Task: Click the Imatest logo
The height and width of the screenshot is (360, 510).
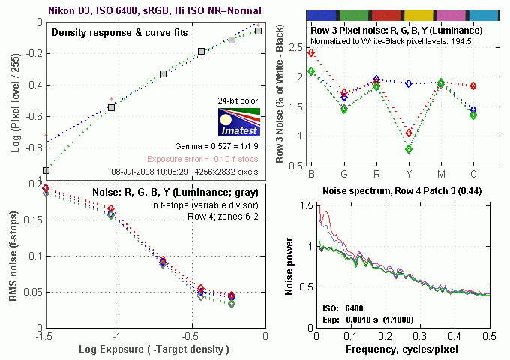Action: point(238,119)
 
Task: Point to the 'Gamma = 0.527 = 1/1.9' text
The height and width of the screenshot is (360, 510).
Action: point(218,145)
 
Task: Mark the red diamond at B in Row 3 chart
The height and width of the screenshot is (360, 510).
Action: point(311,52)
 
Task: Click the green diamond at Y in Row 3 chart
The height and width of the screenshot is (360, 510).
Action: point(408,149)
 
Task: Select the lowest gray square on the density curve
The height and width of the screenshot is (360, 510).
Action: point(46,170)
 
